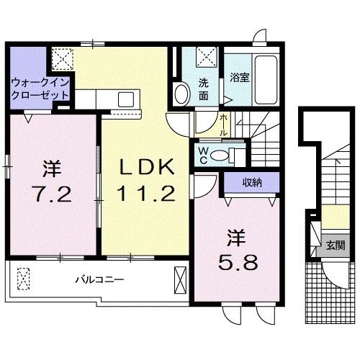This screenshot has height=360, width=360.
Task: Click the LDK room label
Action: tap(146, 168)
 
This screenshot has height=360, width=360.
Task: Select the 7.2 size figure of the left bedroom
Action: tap(52, 193)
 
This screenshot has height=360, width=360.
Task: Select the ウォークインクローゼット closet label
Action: tap(40, 89)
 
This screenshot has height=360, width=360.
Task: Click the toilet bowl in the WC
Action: tap(232, 153)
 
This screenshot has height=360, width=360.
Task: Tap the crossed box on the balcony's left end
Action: tap(24, 278)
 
